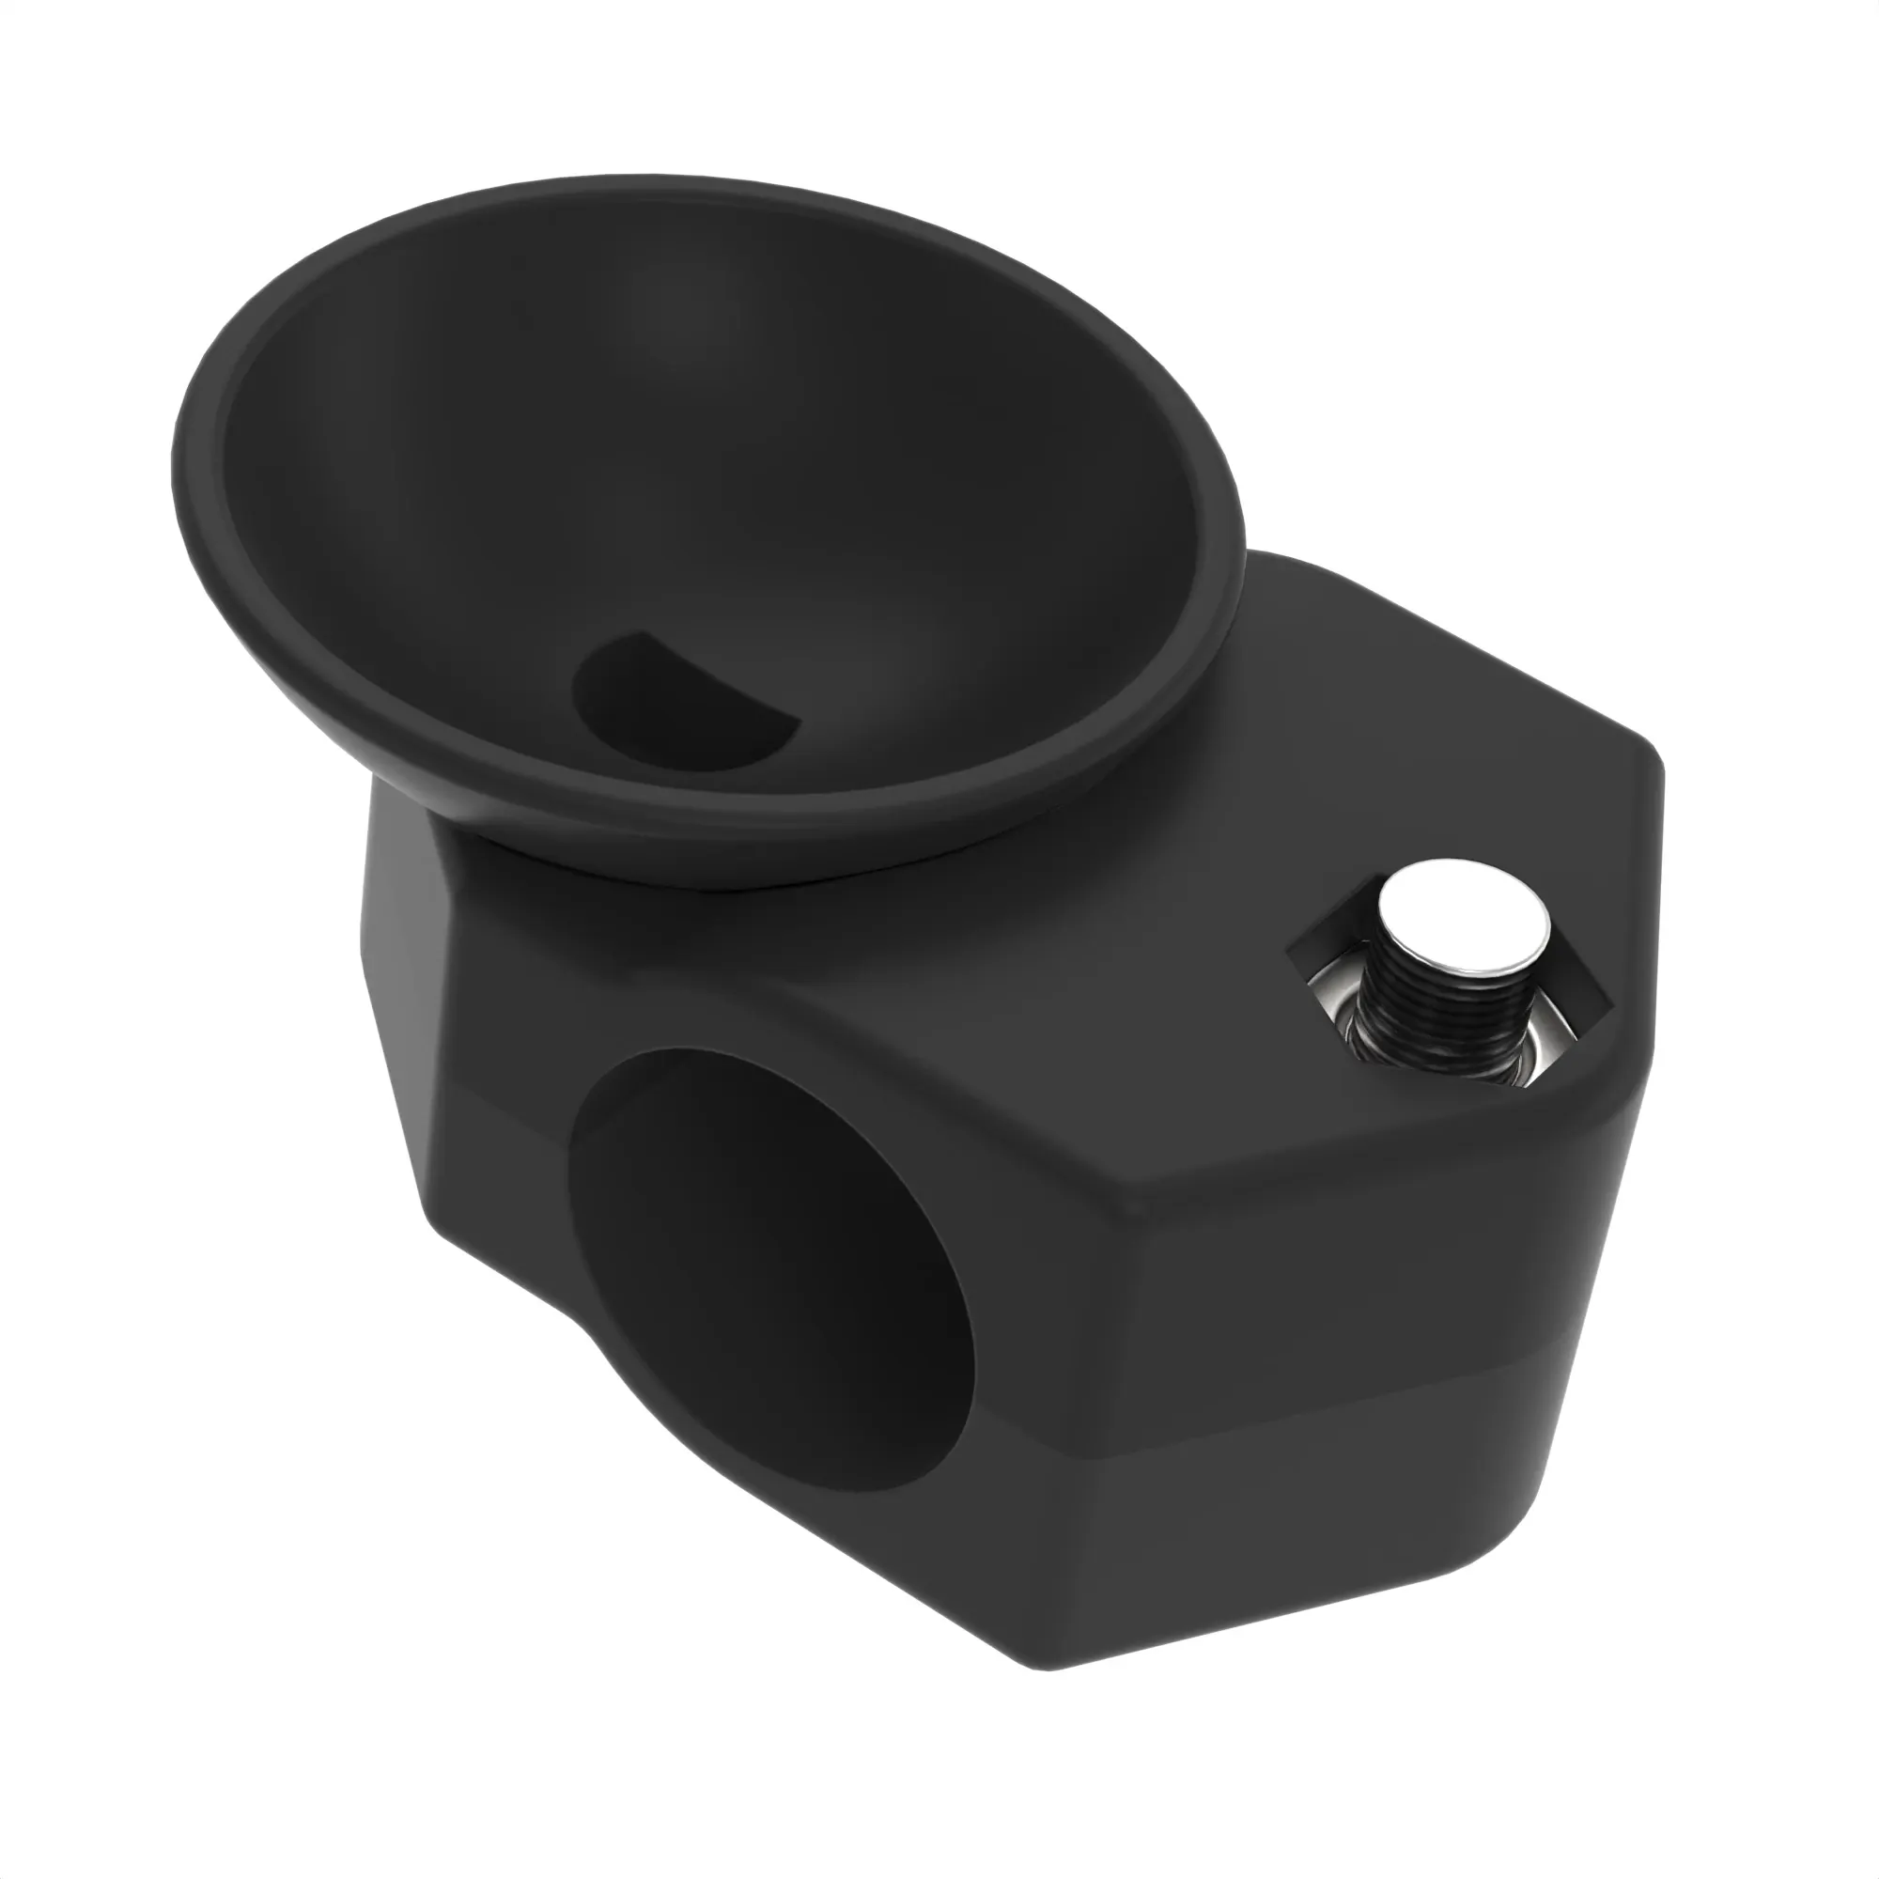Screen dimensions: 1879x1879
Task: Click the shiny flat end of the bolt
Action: (x=1466, y=921)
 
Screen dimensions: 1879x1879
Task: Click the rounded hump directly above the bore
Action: (x=778, y=1012)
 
